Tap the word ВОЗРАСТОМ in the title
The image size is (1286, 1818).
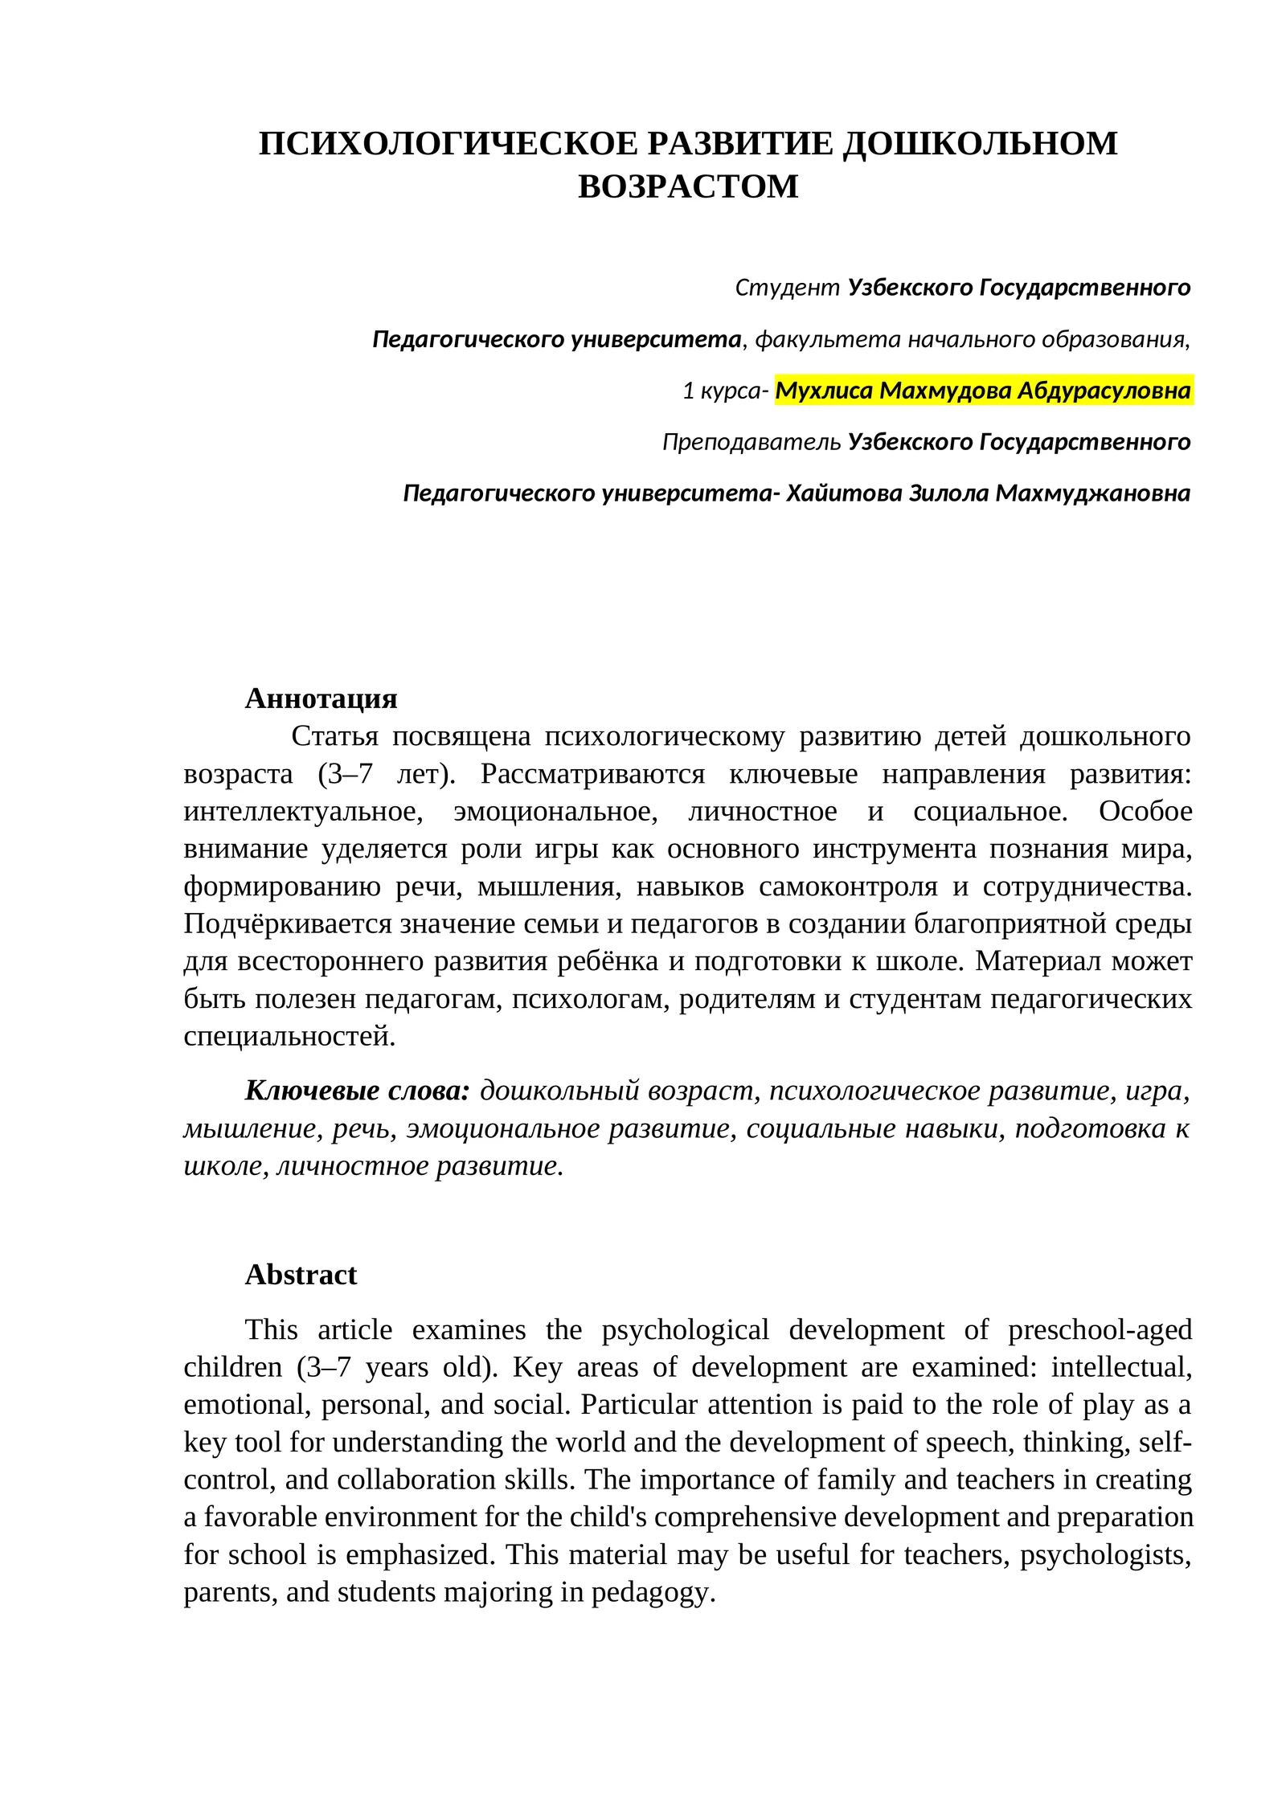[x=688, y=186]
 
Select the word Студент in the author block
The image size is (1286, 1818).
[x=787, y=288]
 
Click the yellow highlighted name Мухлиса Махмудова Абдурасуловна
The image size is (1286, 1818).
[x=982, y=391]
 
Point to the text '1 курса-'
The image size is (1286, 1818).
[x=725, y=391]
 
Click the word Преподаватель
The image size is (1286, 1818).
[x=752, y=442]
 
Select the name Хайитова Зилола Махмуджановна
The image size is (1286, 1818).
[x=988, y=493]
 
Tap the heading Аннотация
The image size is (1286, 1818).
[x=321, y=698]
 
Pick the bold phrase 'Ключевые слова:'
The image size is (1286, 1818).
[x=357, y=1091]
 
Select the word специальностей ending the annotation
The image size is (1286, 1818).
[x=288, y=1036]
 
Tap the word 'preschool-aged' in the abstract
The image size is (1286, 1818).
[x=1100, y=1329]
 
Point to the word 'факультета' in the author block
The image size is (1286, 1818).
[x=828, y=340]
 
